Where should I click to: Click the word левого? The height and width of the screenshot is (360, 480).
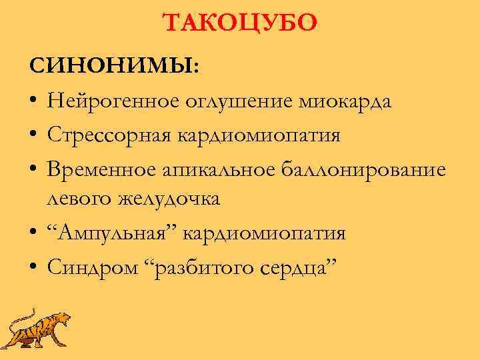[79, 199]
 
